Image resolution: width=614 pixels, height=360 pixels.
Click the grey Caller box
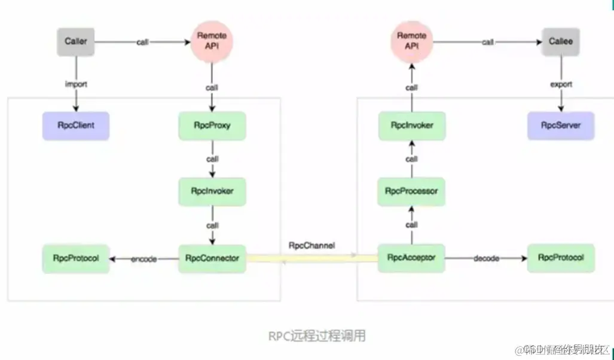[76, 41]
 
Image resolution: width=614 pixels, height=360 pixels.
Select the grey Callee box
[561, 41]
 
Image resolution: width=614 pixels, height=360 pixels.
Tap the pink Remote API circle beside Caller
[212, 40]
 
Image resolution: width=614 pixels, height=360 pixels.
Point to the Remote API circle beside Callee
[411, 40]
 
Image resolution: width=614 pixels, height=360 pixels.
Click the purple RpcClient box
[76, 126]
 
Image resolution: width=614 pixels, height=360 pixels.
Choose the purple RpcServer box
[561, 126]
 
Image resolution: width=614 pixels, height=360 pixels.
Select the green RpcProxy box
[212, 126]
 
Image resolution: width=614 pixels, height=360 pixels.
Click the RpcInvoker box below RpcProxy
[212, 192]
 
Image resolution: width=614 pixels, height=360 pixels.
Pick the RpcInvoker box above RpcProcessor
[411, 126]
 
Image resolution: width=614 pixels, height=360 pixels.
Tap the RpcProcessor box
[411, 191]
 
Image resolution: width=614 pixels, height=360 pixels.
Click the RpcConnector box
[212, 258]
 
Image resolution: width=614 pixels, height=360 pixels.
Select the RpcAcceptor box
[411, 258]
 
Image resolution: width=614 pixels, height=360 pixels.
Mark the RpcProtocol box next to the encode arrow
[76, 258]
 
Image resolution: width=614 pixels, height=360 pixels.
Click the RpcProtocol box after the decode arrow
[561, 258]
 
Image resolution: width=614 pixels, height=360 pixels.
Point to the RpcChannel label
[311, 245]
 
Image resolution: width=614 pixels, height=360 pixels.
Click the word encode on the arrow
[143, 259]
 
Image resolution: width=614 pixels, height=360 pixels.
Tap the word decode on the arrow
[485, 258]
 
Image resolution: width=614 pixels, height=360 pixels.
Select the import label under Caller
[76, 84]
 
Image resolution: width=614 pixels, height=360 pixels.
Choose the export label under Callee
[561, 84]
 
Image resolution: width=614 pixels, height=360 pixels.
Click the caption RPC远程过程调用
[316, 336]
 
